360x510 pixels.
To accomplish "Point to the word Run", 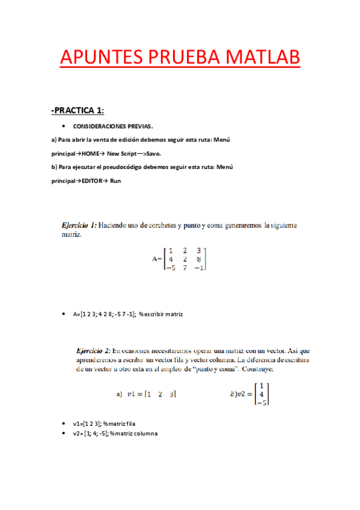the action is [x=116, y=181].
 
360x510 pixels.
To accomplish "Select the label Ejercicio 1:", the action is [x=79, y=225].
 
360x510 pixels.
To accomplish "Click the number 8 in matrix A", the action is [x=198, y=259].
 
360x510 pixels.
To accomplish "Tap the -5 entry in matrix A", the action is [x=171, y=268].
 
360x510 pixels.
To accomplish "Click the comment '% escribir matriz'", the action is [x=160, y=314].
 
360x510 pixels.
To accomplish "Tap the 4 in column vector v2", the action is [x=261, y=395].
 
